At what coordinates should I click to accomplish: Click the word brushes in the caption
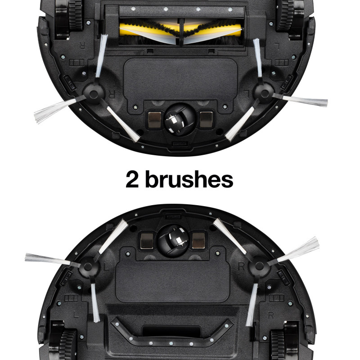[189, 180]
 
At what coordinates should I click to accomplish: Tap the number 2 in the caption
[132, 180]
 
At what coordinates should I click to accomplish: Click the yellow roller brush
[180, 31]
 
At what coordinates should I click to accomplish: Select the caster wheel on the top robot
[180, 119]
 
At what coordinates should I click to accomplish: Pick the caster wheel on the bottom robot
[174, 240]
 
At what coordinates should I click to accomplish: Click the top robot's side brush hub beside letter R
[94, 94]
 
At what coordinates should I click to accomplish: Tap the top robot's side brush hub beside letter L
[264, 93]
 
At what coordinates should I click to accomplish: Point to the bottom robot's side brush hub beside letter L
[88, 266]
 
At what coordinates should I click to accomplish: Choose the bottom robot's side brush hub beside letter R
[259, 266]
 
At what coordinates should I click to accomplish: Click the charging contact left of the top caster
[155, 120]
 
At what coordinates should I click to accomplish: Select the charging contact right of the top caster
[206, 119]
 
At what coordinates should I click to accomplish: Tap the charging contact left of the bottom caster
[147, 241]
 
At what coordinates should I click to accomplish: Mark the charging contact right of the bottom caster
[198, 240]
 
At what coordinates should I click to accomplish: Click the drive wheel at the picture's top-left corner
[69, 16]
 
